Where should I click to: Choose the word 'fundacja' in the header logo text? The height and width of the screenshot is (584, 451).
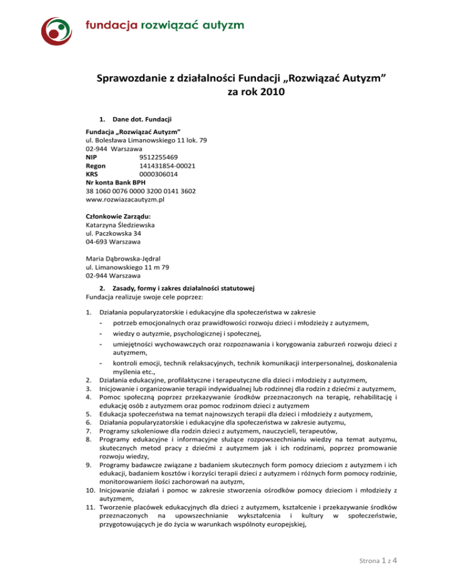tap(111, 25)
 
